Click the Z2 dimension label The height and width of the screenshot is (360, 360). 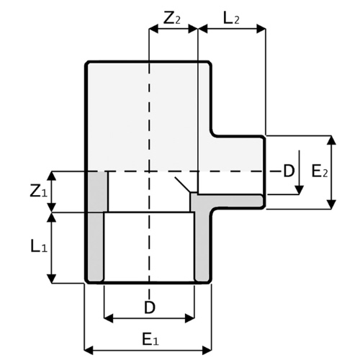pos(171,19)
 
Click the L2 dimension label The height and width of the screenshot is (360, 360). pos(231,19)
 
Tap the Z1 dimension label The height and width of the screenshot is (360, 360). pos(39,192)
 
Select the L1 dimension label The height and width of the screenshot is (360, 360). pos(39,246)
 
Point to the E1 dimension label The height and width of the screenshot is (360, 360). pos(150,340)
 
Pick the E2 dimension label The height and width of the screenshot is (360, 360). pos(320,171)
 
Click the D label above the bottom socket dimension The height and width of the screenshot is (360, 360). pos(150,307)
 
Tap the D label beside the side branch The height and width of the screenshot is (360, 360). pos(289,171)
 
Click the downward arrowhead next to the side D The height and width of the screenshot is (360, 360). pos(299,190)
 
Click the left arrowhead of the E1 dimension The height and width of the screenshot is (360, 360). pos(89,350)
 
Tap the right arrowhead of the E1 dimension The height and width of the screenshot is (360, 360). pos(207,350)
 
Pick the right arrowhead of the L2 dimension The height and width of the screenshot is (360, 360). pos(261,30)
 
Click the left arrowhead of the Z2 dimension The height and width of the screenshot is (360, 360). pos(153,30)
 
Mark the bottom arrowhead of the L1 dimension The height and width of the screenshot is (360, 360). pos(51,279)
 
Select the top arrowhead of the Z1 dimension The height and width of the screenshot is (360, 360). pos(51,176)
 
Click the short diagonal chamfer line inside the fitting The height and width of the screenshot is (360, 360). pos(183,184)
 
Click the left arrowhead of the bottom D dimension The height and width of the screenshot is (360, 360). pos(109,318)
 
